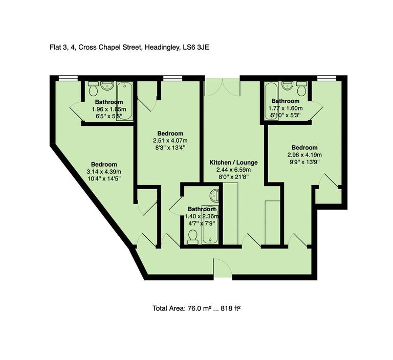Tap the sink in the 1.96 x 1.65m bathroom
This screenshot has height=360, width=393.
click(108, 85)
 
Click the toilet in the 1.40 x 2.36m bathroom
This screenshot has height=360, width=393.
click(193, 236)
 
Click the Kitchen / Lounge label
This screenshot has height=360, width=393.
click(233, 162)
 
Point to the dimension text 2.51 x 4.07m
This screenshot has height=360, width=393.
click(170, 141)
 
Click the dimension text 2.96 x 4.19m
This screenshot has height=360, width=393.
click(304, 155)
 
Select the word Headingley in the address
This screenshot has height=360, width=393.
click(163, 47)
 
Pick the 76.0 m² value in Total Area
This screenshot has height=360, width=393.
click(200, 308)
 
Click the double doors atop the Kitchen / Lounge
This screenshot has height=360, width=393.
click(222, 87)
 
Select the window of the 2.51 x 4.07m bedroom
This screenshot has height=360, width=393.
click(170, 78)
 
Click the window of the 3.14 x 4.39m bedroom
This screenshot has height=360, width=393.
click(64, 78)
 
